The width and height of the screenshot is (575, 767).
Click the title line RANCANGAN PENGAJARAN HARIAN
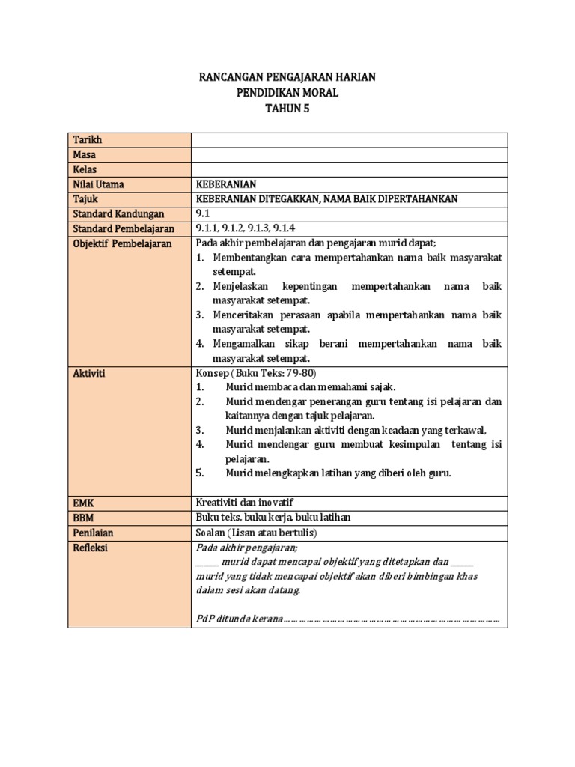tap(287, 76)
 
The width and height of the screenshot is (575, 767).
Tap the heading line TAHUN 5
tap(287, 108)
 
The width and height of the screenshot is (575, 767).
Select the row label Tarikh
tap(87, 140)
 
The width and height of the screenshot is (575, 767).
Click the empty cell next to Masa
tap(349, 154)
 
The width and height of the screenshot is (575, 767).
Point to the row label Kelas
tap(85, 169)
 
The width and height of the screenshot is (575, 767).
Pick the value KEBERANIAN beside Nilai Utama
tap(226, 184)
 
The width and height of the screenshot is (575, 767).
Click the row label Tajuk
tap(85, 198)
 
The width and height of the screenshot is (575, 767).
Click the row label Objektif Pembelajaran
tap(122, 243)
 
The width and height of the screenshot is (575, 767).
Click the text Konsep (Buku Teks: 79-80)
tap(252, 373)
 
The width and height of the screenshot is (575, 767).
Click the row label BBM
tap(84, 517)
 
